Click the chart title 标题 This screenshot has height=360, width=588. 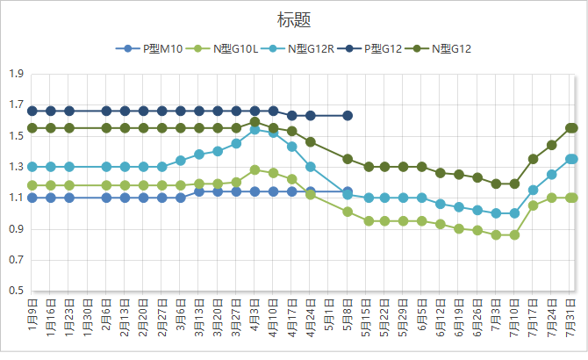tap(293, 19)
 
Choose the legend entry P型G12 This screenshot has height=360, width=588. tap(376, 49)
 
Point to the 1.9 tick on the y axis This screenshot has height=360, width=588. tap(16, 75)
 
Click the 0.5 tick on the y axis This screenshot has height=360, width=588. tap(16, 291)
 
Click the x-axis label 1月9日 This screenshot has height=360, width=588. tap(32, 315)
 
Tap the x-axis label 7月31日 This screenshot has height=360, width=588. tap(571, 315)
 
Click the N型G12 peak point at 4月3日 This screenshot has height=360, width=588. tap(255, 122)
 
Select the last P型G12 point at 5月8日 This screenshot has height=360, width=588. tap(348, 115)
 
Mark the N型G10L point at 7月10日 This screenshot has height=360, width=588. tap(515, 235)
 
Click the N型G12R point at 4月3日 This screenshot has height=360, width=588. tap(255, 129)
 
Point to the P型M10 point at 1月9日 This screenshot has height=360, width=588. tap(32, 198)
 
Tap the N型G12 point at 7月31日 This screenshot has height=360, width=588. tap(571, 128)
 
